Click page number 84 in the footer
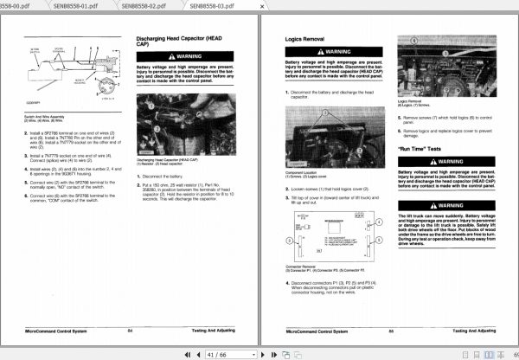tap(129, 331)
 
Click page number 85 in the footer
tap(391, 331)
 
